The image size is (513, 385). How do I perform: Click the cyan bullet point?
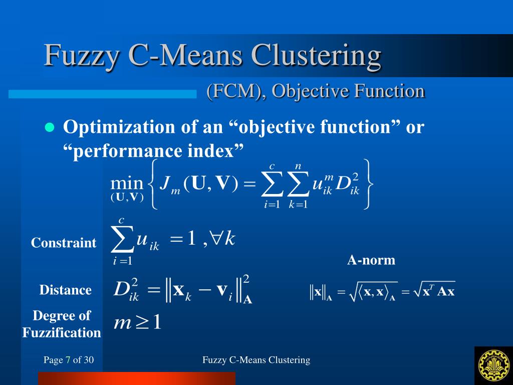coord(49,127)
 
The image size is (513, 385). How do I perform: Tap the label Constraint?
coord(64,243)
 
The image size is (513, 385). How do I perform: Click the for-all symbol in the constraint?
coord(216,240)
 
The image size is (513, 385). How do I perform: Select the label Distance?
coord(66,290)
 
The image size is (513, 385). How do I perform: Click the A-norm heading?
coord(371,260)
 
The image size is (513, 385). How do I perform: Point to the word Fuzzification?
coord(62,332)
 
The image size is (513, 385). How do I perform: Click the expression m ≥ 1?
coord(138,322)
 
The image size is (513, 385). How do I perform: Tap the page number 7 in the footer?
coord(68,360)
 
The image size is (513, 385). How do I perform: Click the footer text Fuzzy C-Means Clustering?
coord(256,360)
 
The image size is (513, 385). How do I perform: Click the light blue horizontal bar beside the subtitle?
coord(102,94)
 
